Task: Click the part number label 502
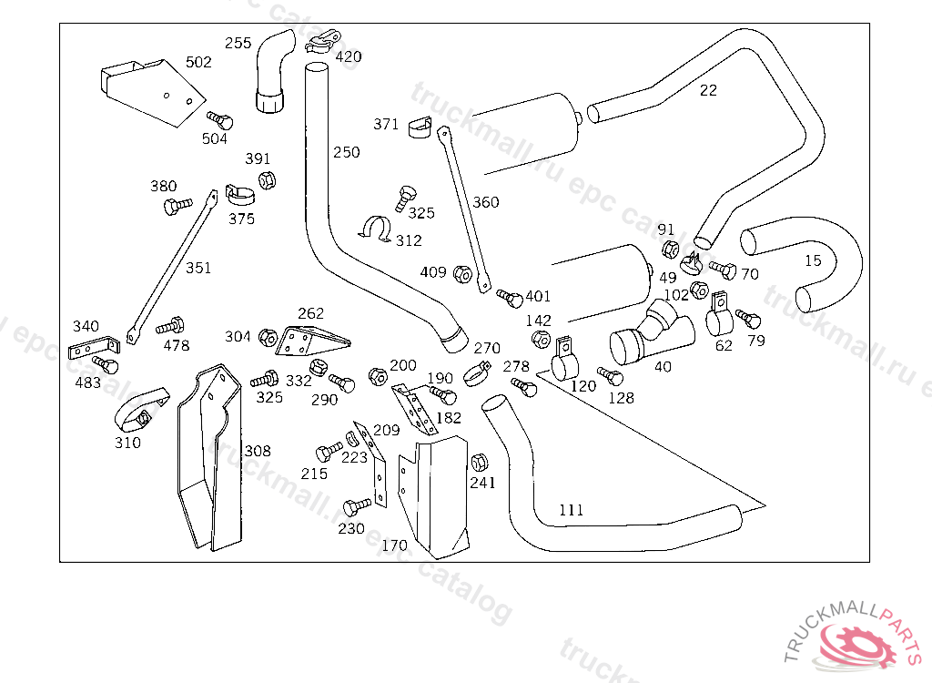tap(198, 62)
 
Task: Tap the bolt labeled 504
tap(219, 120)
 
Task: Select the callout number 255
tap(238, 43)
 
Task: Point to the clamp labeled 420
tap(323, 41)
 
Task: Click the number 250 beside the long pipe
tap(346, 152)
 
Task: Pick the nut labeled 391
tap(266, 179)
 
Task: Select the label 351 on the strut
tap(198, 268)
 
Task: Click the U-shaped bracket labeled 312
tap(375, 229)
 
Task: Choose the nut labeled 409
tap(461, 272)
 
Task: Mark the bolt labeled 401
tap(511, 297)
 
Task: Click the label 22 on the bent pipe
tap(708, 90)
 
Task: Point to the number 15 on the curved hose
tap(813, 260)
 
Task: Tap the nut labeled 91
tap(667, 249)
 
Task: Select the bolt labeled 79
tap(747, 318)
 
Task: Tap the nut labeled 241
tap(480, 459)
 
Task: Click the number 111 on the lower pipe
tap(571, 510)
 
